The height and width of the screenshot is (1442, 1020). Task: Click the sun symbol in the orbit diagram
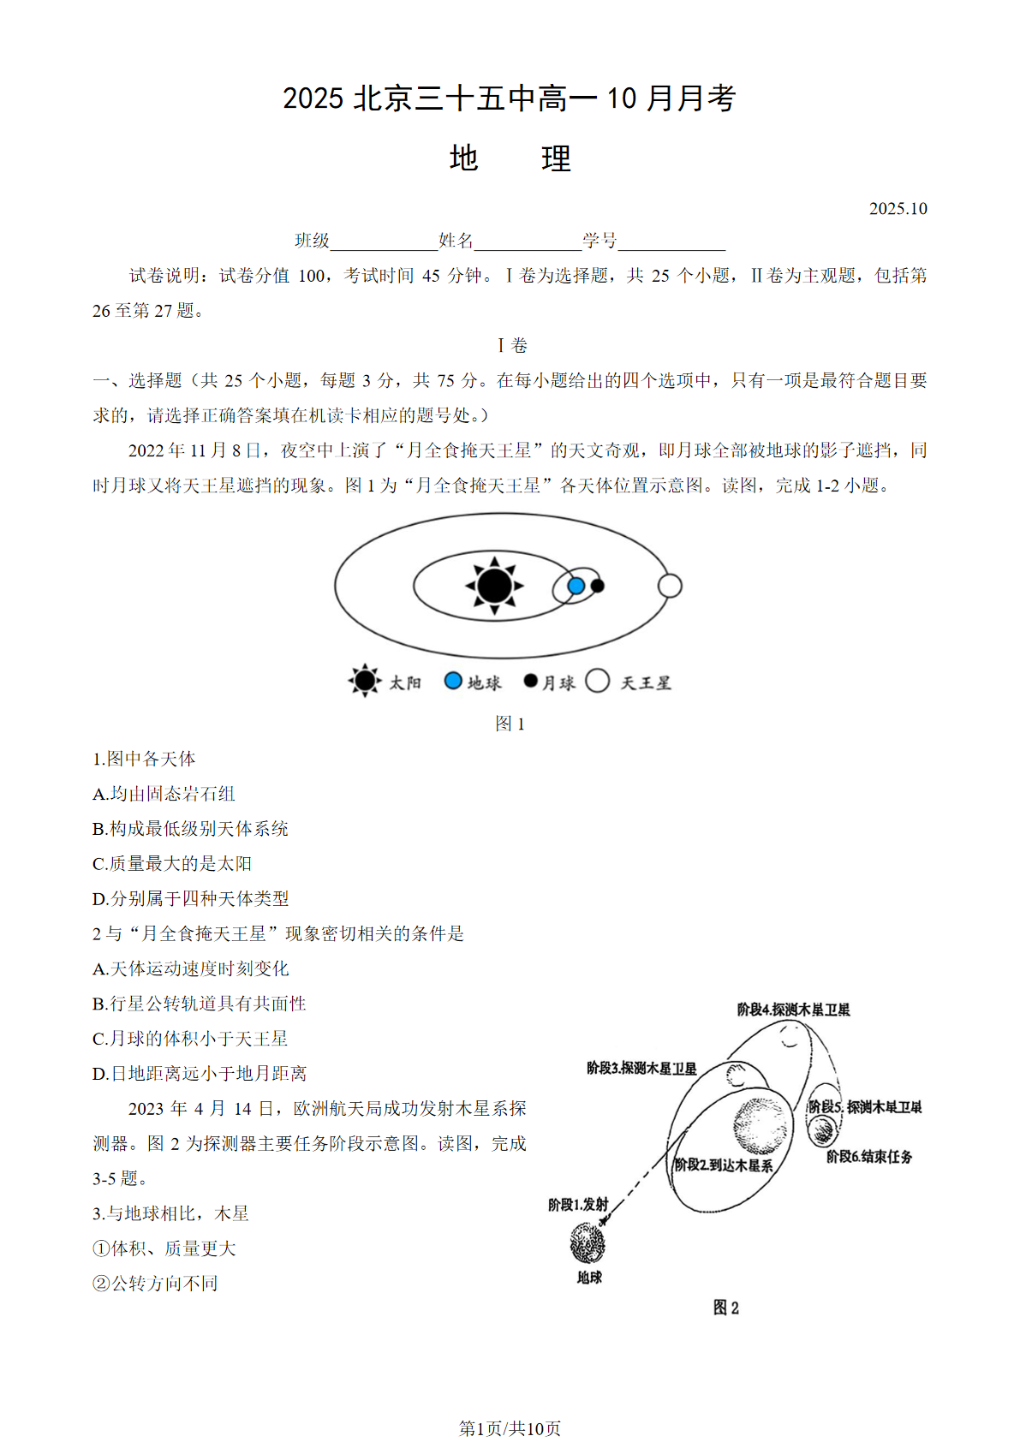(494, 586)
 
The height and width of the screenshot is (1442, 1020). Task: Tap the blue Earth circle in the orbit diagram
(576, 586)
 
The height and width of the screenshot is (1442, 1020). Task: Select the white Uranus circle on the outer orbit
(670, 586)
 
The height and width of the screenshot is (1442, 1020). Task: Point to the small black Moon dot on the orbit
(598, 586)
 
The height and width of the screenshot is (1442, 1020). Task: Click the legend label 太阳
(405, 682)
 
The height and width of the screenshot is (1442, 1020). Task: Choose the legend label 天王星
(645, 682)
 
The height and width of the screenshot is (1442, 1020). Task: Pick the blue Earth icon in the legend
(453, 681)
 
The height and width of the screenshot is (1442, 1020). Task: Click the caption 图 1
(510, 724)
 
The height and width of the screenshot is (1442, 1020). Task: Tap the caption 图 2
(725, 1308)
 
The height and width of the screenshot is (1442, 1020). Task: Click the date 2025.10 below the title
(898, 209)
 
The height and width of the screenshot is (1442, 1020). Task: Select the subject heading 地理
(510, 158)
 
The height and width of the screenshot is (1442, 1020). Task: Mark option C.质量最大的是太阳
(172, 864)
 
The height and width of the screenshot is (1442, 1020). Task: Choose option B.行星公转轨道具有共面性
(200, 1004)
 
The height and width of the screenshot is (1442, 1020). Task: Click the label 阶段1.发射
(578, 1205)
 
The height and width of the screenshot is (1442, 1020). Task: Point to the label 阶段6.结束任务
(868, 1157)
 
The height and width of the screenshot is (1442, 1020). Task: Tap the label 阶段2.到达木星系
(724, 1165)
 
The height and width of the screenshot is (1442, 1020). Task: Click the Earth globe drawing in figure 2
(588, 1242)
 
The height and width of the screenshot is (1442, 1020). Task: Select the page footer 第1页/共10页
(510, 1428)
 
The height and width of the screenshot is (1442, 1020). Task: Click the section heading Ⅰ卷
(512, 346)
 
